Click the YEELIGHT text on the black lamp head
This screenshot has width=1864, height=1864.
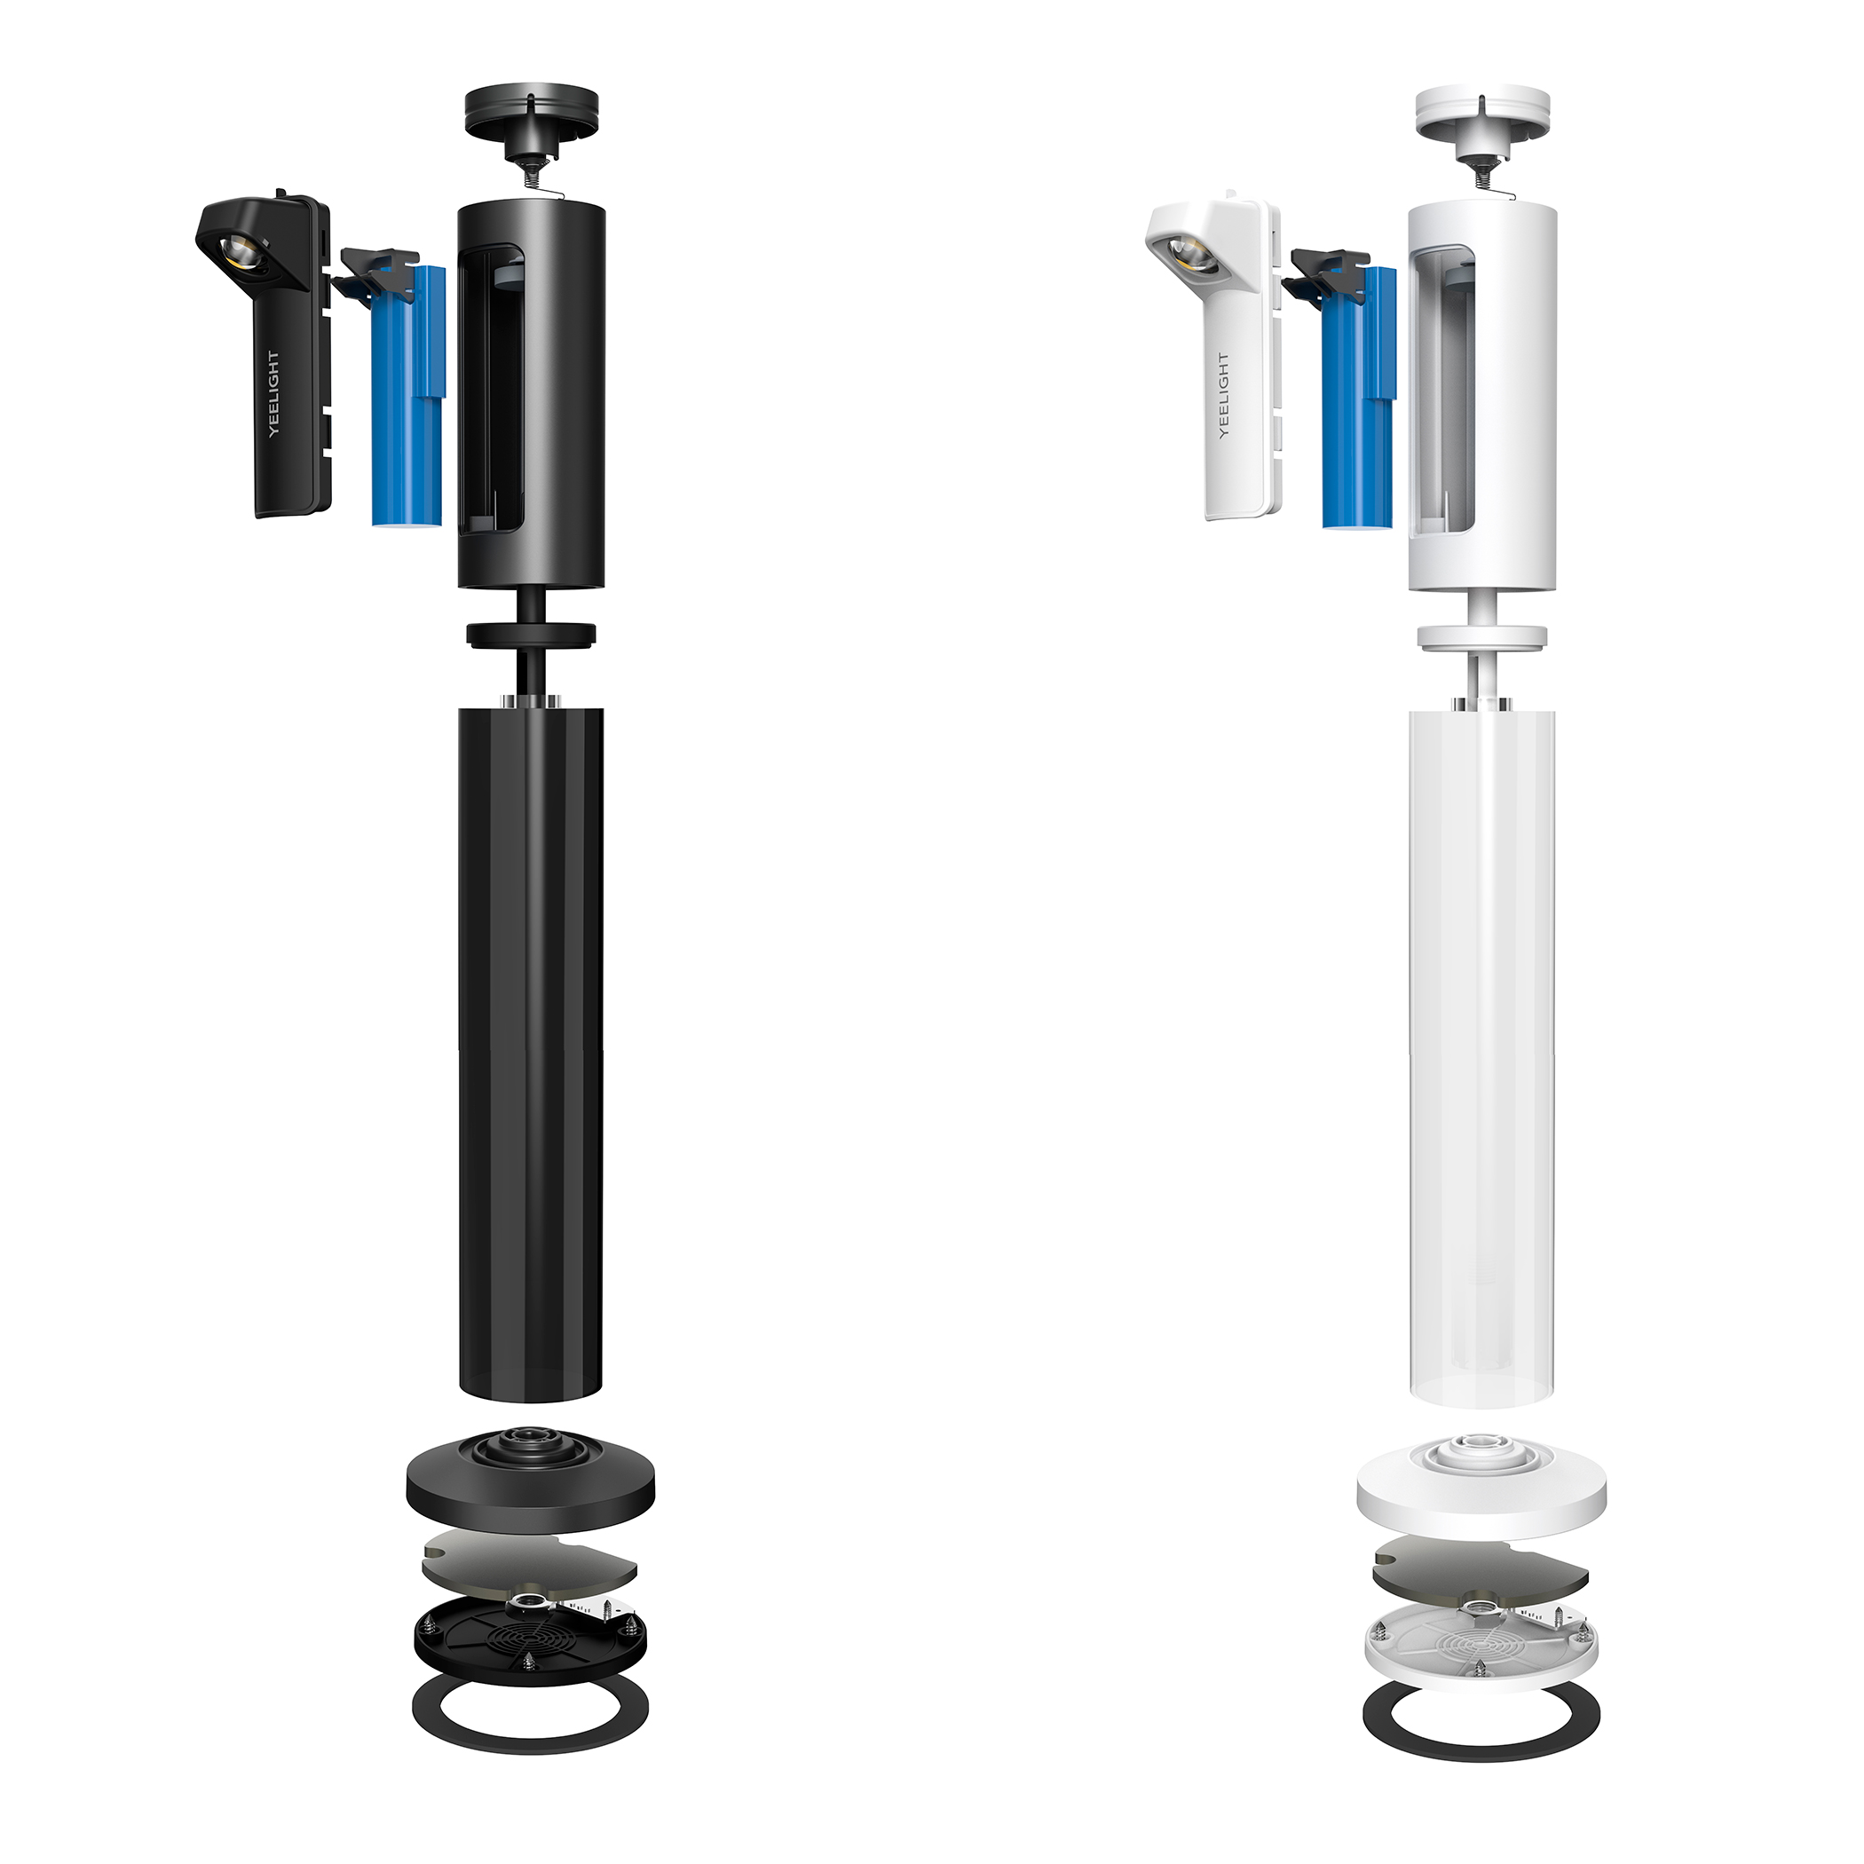click(x=274, y=393)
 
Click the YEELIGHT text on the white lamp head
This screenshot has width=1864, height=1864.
click(x=1223, y=396)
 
